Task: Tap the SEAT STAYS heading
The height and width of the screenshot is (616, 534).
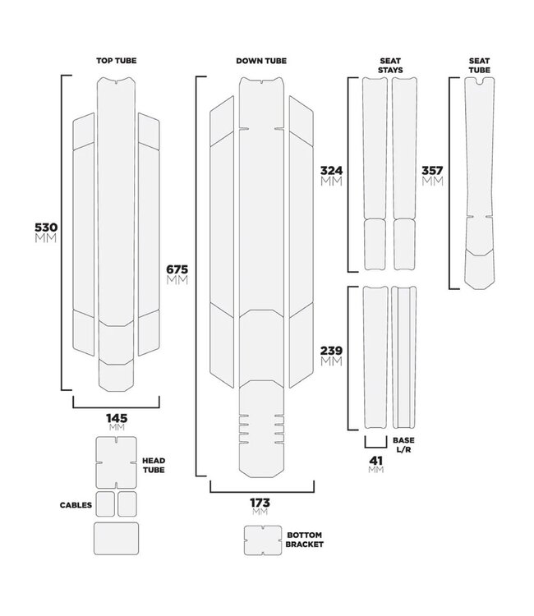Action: pyautogui.click(x=389, y=66)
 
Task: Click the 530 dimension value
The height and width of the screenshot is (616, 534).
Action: pyautogui.click(x=45, y=227)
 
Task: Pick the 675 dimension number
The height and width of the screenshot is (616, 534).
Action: pyautogui.click(x=178, y=269)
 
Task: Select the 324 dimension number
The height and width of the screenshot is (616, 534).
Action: pyautogui.click(x=331, y=171)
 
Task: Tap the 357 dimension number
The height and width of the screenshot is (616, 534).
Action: pyautogui.click(x=432, y=171)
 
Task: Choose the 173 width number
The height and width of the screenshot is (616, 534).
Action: pyautogui.click(x=260, y=502)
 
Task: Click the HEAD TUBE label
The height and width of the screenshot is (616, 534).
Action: pyautogui.click(x=154, y=466)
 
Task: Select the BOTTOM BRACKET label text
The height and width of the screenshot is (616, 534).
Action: pyautogui.click(x=306, y=539)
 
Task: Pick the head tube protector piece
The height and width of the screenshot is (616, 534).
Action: pyautogui.click(x=117, y=462)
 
